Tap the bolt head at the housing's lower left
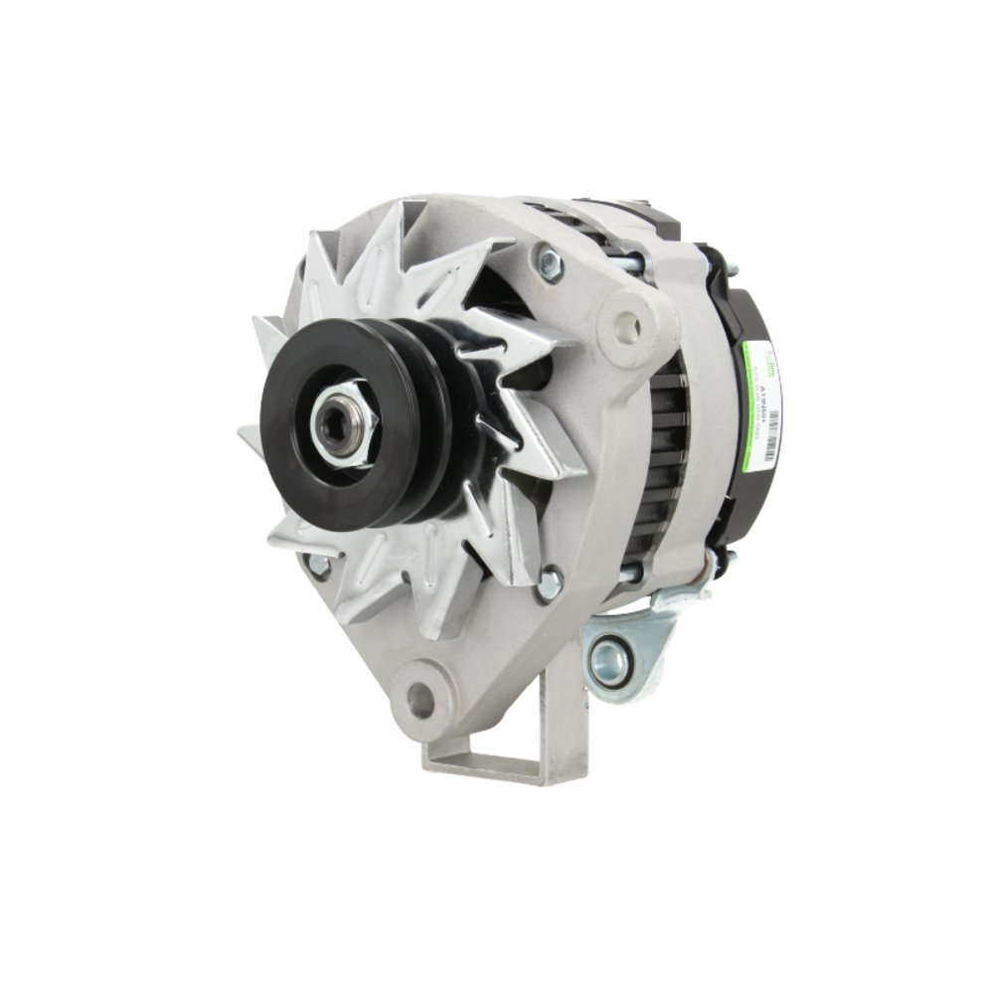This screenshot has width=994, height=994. point(318,567)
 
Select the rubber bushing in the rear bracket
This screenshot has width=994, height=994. point(608,663)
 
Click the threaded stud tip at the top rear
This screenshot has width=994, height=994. point(733,268)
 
